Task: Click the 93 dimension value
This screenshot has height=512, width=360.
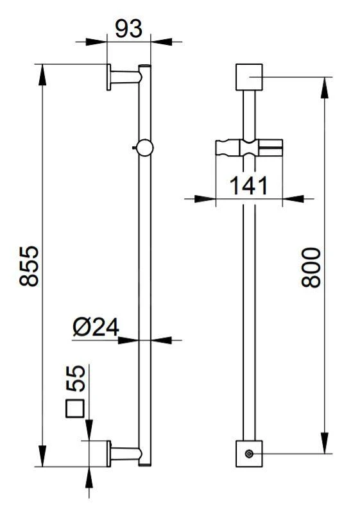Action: [129, 28]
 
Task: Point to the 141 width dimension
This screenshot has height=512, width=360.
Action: [248, 185]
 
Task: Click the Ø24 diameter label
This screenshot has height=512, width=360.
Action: [96, 327]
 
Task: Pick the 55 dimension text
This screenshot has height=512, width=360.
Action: [76, 379]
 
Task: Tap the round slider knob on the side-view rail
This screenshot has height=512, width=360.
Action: [145, 148]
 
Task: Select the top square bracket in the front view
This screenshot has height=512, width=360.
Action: [249, 78]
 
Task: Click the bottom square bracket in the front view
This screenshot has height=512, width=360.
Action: [249, 454]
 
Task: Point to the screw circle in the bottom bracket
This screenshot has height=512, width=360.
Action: [249, 455]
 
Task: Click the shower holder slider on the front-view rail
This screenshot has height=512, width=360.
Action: [248, 149]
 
